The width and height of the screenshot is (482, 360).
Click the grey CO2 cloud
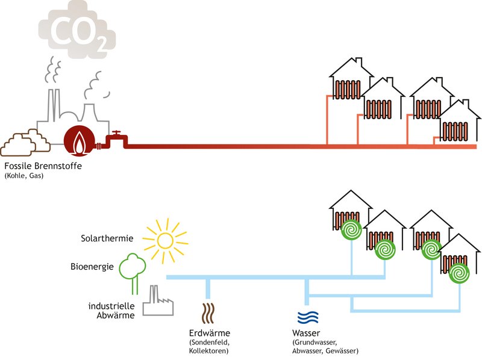(x=77, y=29)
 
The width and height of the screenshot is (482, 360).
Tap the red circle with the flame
(x=79, y=141)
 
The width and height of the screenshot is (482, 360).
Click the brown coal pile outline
(x=25, y=143)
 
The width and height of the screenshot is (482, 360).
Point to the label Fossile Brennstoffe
(x=43, y=166)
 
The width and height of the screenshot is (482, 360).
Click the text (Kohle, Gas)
(x=24, y=176)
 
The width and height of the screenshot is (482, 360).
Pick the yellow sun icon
(x=165, y=241)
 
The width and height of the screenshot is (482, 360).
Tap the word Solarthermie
(x=107, y=238)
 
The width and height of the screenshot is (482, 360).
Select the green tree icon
(x=133, y=273)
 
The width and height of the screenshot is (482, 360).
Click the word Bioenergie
(x=92, y=267)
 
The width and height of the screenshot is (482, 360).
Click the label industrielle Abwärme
(x=111, y=311)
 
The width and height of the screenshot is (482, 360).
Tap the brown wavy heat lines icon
(x=208, y=313)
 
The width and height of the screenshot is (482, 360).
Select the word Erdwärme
(x=209, y=333)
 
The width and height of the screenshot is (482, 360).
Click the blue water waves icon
(x=308, y=317)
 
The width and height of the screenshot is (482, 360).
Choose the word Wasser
(x=306, y=333)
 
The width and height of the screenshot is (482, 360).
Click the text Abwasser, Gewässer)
(x=325, y=351)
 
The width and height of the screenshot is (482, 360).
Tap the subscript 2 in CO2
(x=102, y=44)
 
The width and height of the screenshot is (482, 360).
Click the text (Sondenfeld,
(x=209, y=342)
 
